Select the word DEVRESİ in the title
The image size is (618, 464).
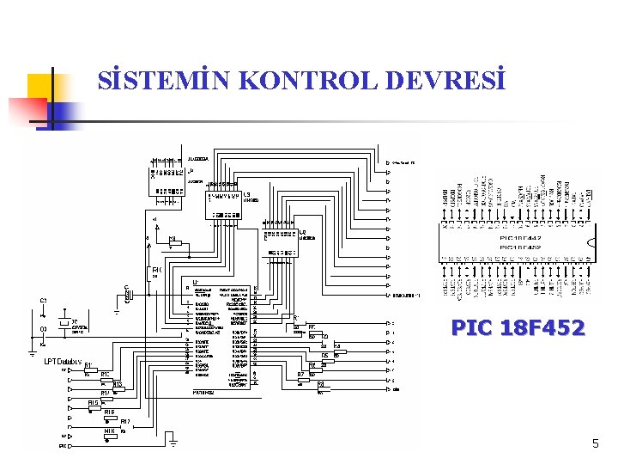(446, 81)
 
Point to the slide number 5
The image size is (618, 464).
(595, 443)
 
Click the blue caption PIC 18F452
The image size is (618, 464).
(518, 327)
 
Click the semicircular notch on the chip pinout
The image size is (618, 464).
(591, 241)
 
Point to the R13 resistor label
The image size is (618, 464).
(118, 384)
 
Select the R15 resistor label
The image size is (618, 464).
(93, 402)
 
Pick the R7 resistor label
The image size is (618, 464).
(300, 375)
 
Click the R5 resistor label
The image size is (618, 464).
(325, 355)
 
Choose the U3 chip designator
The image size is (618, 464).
(246, 194)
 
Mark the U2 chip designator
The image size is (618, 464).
(302, 231)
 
